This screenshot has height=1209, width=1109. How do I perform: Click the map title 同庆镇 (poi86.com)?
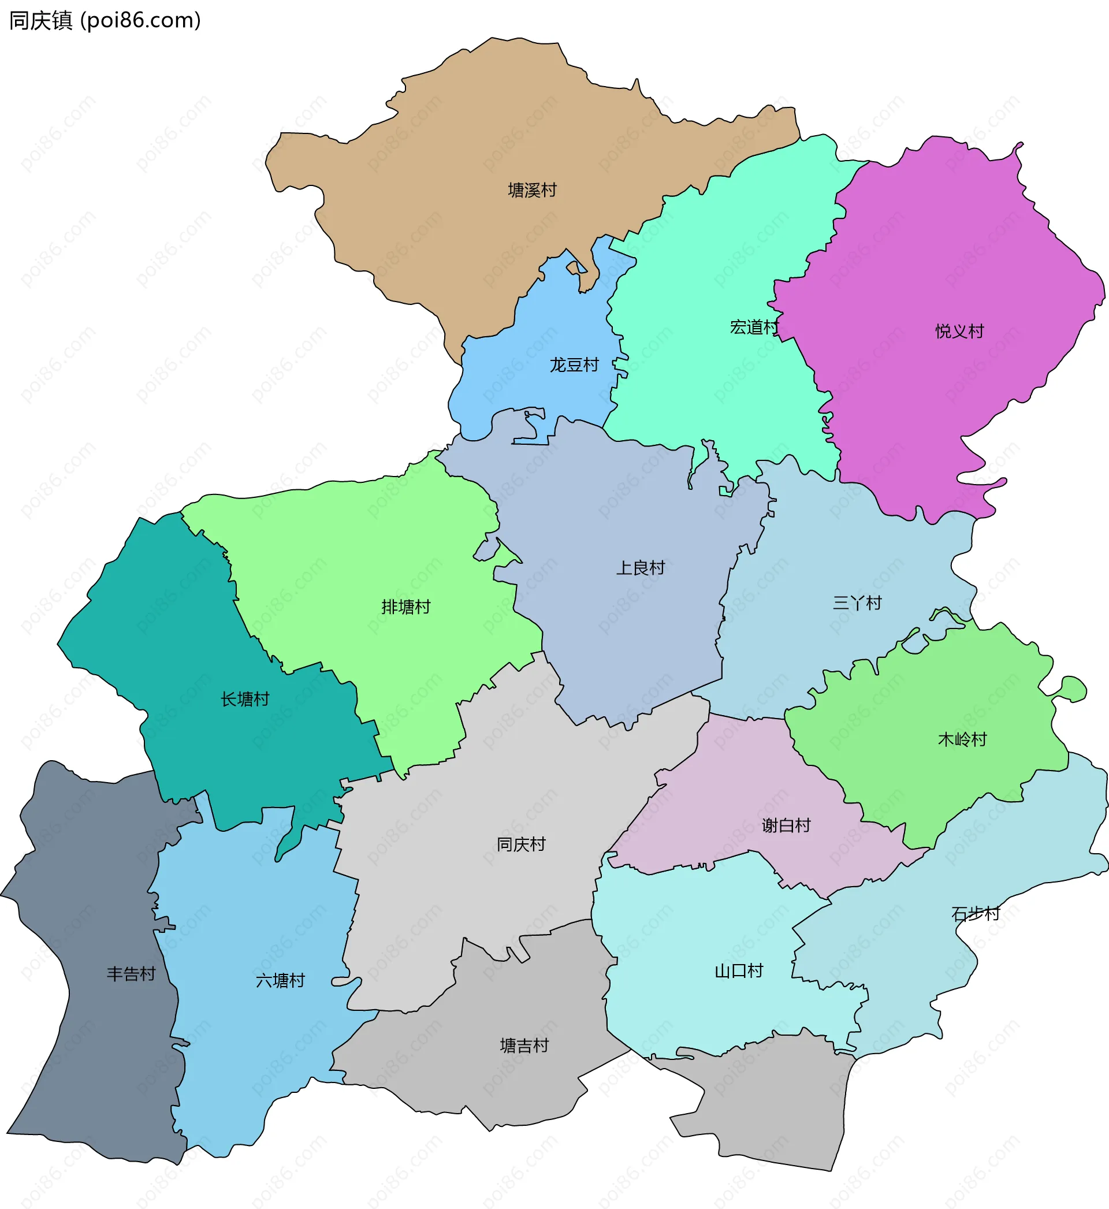(x=105, y=20)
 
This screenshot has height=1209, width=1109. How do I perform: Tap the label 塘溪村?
(x=533, y=190)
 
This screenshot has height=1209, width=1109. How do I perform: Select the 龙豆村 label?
(x=574, y=365)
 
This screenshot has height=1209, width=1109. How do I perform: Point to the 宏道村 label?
(x=754, y=327)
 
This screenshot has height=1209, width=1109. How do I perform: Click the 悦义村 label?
(x=959, y=331)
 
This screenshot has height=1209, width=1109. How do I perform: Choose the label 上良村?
(x=641, y=568)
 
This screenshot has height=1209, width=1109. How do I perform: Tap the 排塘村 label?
(x=406, y=607)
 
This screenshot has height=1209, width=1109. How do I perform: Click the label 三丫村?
(x=857, y=603)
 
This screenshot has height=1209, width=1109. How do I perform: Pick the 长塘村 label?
(x=245, y=699)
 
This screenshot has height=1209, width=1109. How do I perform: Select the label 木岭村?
(x=962, y=739)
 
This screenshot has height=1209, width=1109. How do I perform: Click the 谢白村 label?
(x=786, y=825)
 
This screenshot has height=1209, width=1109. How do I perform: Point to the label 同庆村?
(x=521, y=845)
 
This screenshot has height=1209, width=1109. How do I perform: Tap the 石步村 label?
(x=976, y=914)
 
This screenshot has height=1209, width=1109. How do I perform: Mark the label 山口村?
(x=739, y=971)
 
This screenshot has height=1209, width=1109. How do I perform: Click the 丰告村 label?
(x=131, y=974)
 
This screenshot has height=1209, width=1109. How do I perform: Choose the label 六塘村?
(x=280, y=981)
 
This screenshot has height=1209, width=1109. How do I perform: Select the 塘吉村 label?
(x=524, y=1046)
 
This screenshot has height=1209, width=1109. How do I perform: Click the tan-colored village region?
(x=480, y=150)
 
